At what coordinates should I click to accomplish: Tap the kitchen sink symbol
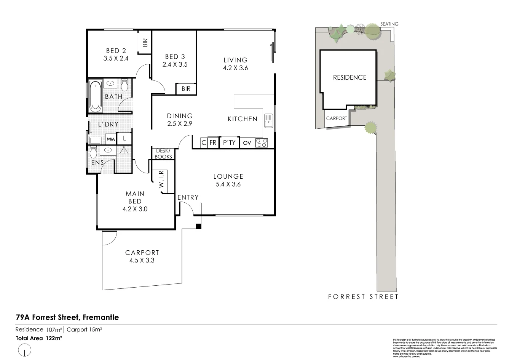[269, 121]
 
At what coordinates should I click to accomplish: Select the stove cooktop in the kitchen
[262, 143]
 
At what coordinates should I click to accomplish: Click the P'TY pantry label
[229, 143]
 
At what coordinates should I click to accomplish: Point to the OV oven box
[247, 143]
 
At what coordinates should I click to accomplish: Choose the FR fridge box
[213, 143]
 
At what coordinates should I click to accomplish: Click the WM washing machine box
[110, 139]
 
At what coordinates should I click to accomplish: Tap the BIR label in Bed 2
[145, 42]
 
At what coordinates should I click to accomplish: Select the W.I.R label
[161, 179]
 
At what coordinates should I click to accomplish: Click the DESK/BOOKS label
[163, 154]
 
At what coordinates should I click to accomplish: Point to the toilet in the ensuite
[93, 152]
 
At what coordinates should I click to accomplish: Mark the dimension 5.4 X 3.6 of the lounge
[228, 184]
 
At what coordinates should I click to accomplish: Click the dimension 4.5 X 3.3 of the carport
[142, 261]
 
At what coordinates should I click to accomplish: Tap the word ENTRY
[188, 197]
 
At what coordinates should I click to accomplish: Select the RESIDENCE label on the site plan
[349, 77]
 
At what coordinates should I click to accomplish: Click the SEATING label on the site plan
[389, 24]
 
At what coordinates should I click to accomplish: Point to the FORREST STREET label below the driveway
[363, 297]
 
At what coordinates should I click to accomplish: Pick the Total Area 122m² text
[39, 338]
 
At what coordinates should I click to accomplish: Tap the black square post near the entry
[198, 227]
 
